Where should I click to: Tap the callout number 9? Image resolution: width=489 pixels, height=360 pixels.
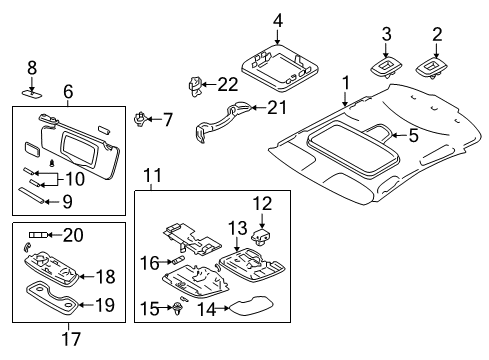[x=67, y=200]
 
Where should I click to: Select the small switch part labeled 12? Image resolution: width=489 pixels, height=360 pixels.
[x=262, y=236]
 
